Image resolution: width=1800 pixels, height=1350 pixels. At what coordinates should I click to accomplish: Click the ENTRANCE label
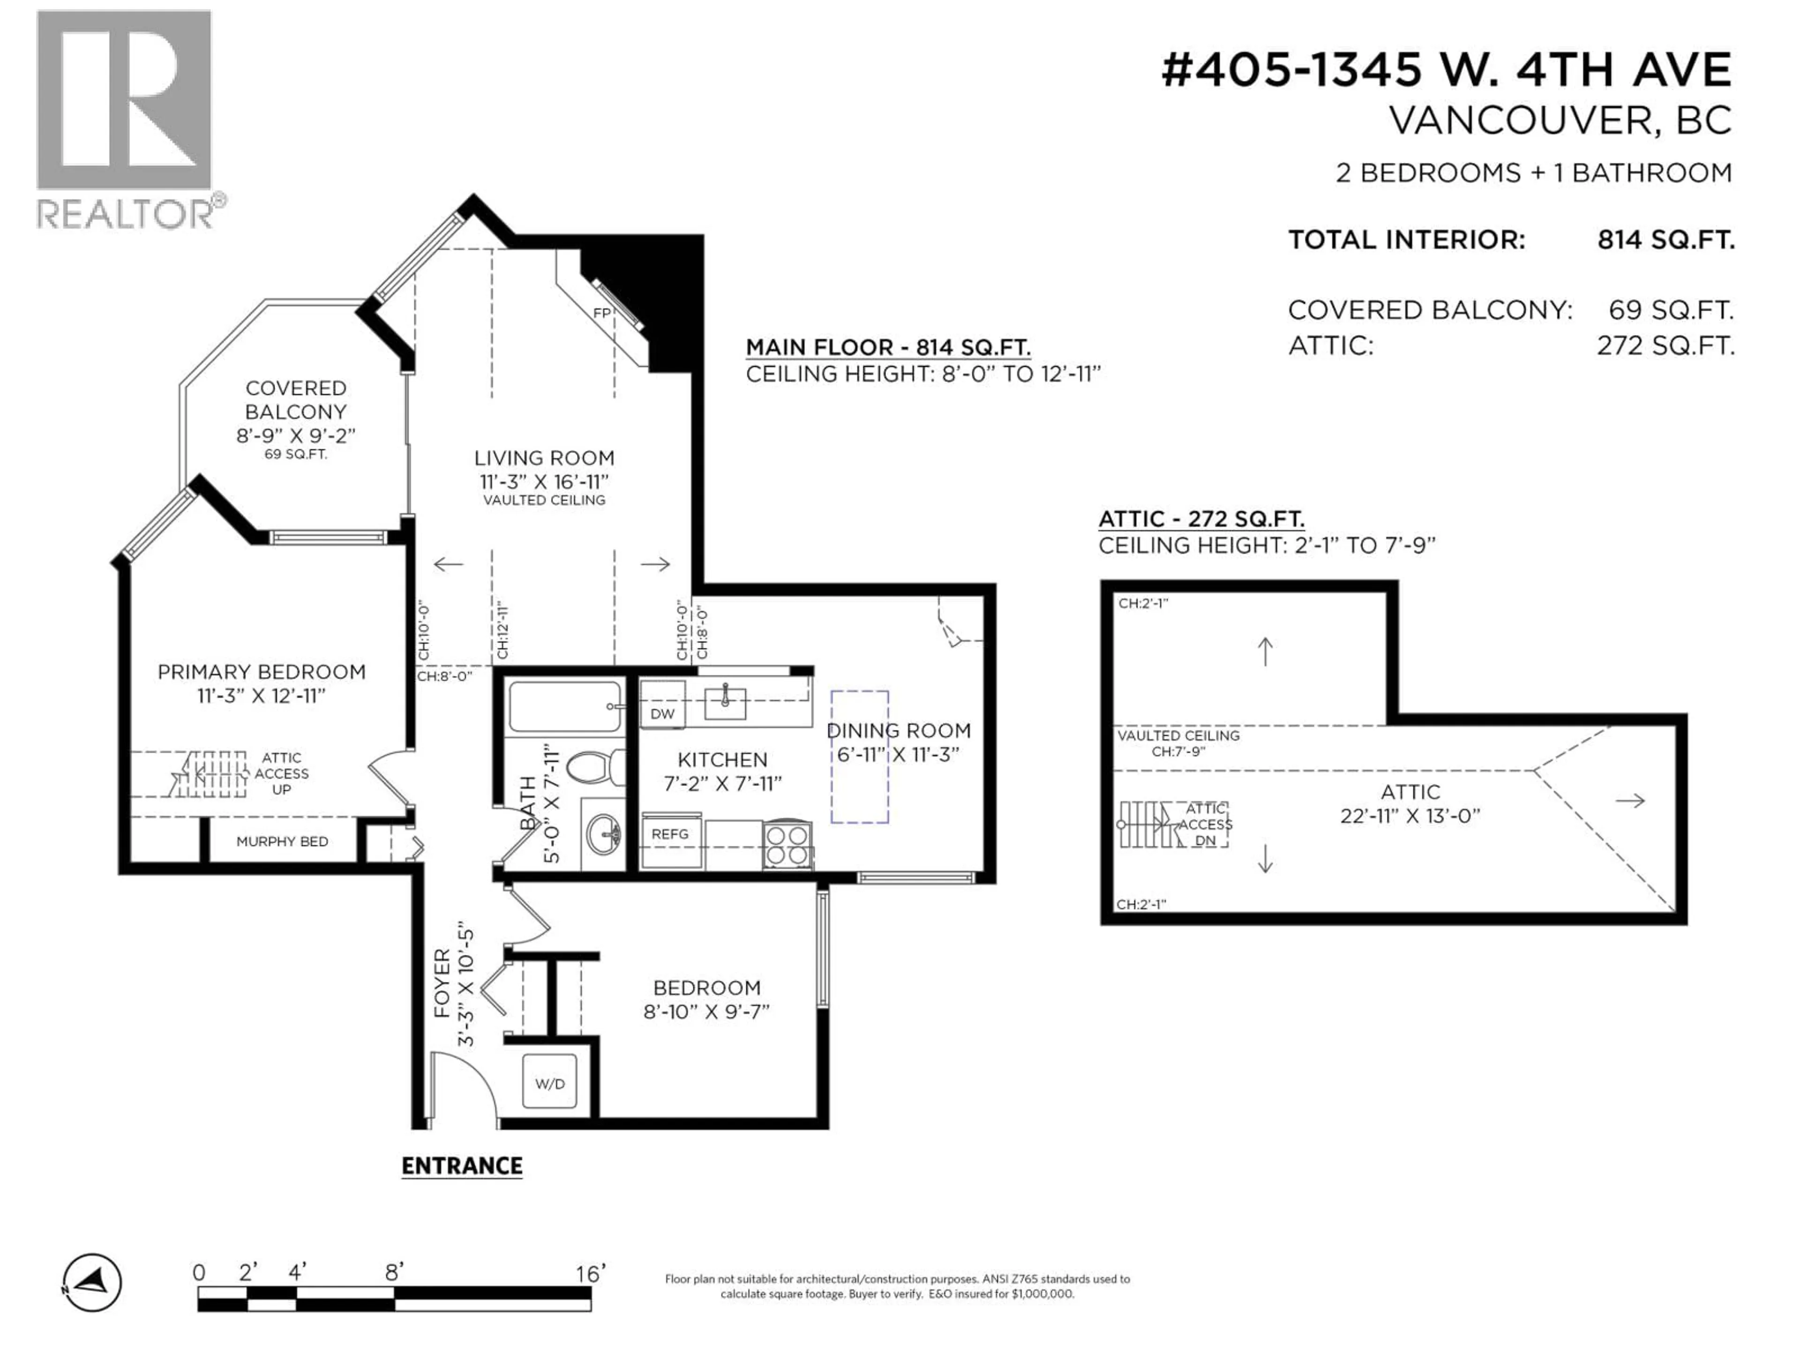[x=461, y=1166]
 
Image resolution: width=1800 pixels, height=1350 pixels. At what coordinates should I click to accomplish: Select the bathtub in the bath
[x=565, y=707]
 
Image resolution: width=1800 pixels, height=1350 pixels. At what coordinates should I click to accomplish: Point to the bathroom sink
[x=604, y=833]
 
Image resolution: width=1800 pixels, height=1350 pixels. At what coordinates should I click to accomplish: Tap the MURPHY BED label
[x=282, y=841]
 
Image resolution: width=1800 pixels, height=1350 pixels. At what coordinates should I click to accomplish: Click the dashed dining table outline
[x=859, y=757]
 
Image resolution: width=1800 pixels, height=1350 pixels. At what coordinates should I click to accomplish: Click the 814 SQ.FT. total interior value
[x=1666, y=240]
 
